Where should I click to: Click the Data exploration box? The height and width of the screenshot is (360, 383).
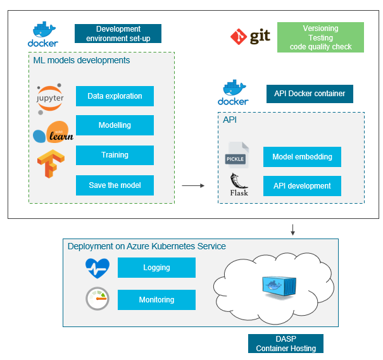click(x=115, y=96)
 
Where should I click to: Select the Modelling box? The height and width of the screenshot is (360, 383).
click(x=115, y=125)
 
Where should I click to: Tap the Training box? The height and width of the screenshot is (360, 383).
click(x=115, y=155)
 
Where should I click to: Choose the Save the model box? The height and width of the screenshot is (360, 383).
click(x=115, y=185)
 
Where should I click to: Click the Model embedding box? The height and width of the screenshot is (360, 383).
click(x=302, y=157)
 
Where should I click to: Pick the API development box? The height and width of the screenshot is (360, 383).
click(x=302, y=186)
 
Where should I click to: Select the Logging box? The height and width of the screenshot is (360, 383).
click(x=156, y=268)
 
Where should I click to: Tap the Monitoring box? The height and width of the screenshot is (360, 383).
click(x=156, y=300)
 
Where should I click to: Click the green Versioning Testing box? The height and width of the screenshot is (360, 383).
click(x=320, y=37)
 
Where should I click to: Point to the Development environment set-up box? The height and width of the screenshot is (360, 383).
click(x=118, y=34)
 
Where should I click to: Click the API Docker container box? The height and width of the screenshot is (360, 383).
click(x=310, y=94)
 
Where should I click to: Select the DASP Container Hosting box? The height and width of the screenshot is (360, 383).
click(x=286, y=344)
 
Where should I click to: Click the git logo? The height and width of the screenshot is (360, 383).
click(x=250, y=37)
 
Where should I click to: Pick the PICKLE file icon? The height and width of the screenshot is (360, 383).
click(x=237, y=156)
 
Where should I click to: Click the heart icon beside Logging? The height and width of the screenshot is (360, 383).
click(x=97, y=268)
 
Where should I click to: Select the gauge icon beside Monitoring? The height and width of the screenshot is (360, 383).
click(x=97, y=299)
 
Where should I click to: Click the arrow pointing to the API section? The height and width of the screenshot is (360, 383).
click(x=193, y=186)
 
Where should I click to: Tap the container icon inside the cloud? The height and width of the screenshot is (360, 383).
click(x=280, y=287)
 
